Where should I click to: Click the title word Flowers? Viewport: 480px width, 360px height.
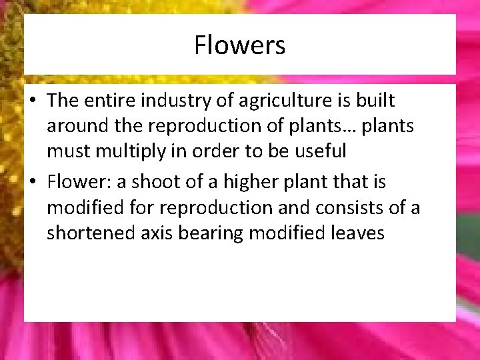tap(240, 45)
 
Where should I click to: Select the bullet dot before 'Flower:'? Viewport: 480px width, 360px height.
tap(33, 183)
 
